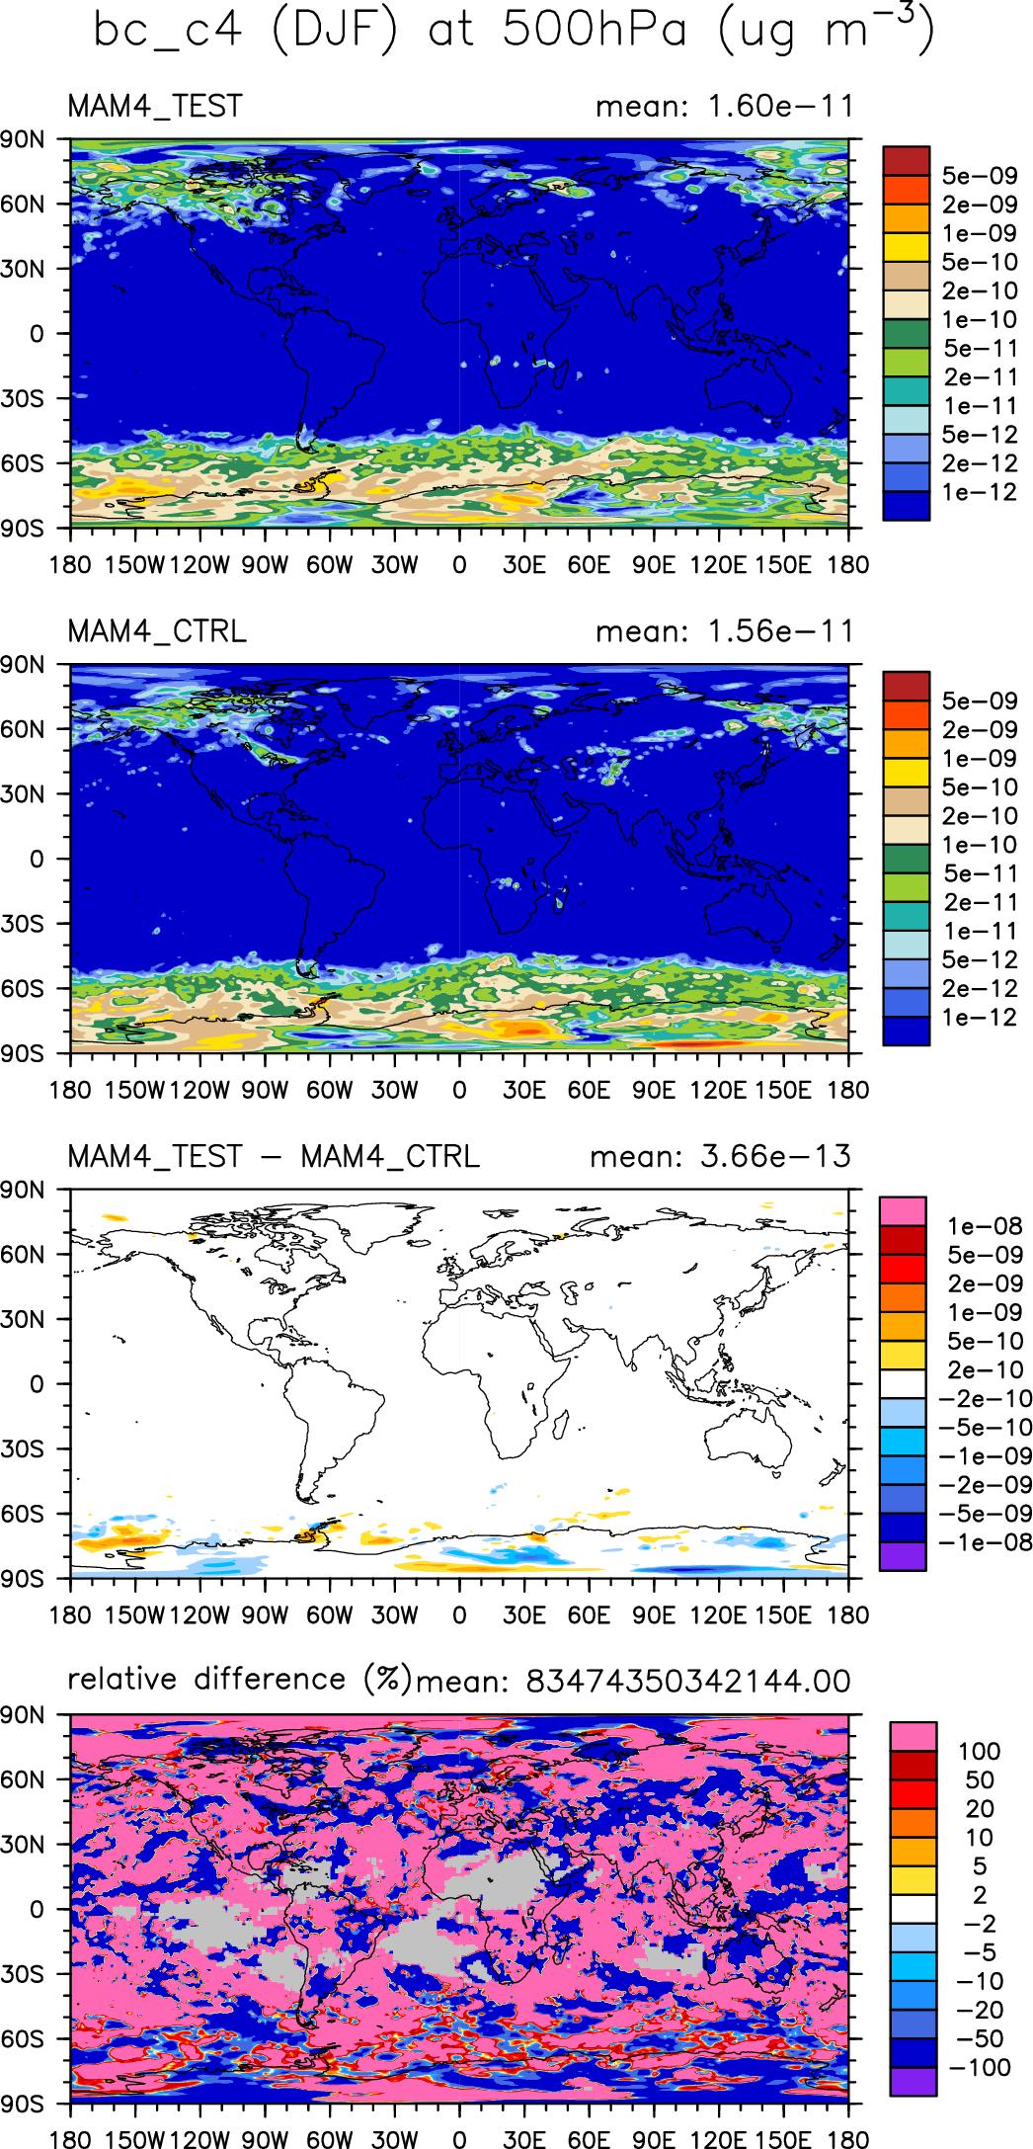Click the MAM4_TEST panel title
155,106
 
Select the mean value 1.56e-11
781,631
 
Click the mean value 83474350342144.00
687,1681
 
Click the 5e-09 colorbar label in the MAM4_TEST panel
979,176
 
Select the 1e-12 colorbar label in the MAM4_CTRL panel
979,1018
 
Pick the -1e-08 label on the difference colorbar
988,1542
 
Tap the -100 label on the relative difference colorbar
980,2067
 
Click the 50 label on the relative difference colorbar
979,1779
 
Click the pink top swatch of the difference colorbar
903,1211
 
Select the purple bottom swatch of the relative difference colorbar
913,2081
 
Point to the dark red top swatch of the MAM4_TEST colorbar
906,161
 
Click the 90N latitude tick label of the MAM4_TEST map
23,139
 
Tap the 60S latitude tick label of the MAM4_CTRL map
23,988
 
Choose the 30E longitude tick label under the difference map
523,1615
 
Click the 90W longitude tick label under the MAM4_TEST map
265,565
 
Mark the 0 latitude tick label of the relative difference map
36,1909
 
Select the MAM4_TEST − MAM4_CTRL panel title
274,1156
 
